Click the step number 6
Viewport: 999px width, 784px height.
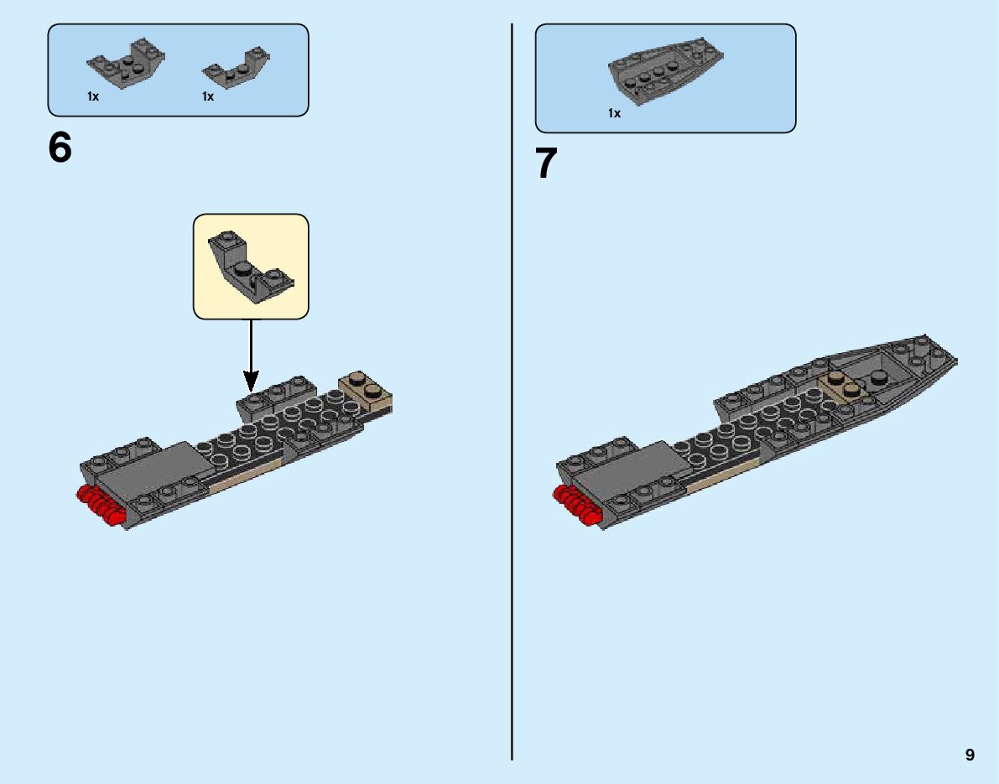point(60,149)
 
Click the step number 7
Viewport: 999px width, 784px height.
point(546,164)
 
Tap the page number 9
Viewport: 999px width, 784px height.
point(970,755)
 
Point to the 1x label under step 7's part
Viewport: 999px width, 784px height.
point(615,113)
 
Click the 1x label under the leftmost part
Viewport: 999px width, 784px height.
point(93,96)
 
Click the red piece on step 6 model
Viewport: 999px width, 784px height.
point(98,505)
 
